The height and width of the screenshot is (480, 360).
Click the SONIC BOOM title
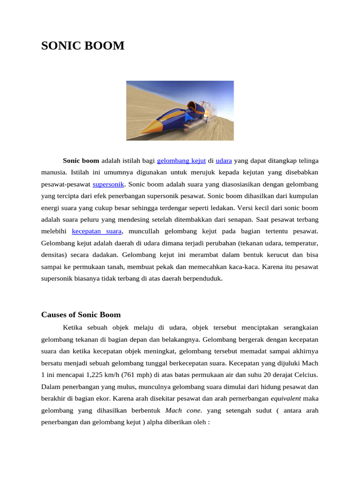click(83, 46)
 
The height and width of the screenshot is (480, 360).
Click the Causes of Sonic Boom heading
click(81, 315)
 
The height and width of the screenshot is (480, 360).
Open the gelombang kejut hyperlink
click(181, 160)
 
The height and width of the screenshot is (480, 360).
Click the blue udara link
click(224, 160)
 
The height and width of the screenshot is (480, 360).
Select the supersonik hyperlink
click(108, 184)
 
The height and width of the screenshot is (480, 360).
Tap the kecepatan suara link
click(97, 231)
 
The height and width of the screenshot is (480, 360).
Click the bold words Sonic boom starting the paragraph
click(81, 160)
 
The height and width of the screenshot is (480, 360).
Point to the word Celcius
click(306, 375)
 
